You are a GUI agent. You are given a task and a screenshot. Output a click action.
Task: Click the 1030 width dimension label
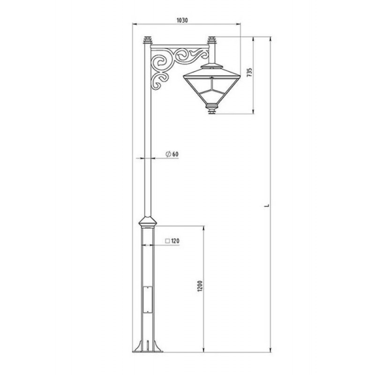tap(182, 20)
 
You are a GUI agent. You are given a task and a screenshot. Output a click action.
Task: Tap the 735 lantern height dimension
tap(249, 73)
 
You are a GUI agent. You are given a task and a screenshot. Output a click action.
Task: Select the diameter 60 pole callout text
tap(172, 154)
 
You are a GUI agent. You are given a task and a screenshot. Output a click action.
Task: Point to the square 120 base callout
tap(172, 241)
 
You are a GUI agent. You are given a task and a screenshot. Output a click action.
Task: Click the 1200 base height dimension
tap(201, 285)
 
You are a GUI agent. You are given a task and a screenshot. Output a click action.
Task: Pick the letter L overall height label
tap(268, 205)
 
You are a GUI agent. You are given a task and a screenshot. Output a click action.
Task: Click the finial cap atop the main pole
tap(148, 40)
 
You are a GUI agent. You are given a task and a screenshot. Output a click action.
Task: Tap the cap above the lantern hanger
tap(212, 40)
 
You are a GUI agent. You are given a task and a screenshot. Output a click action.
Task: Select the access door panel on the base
tap(148, 300)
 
